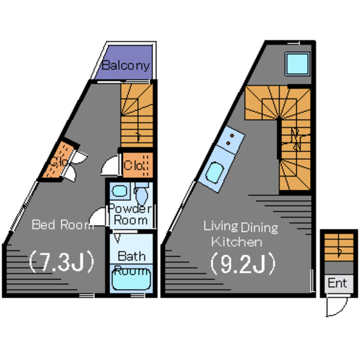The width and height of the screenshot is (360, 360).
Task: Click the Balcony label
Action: pos(127,65)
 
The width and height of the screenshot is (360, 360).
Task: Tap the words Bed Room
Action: pos(62,225)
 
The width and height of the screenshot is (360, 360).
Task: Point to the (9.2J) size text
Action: pos(242,262)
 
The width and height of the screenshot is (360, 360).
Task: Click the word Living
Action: pos(220,226)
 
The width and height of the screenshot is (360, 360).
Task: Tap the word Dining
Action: pos(259,227)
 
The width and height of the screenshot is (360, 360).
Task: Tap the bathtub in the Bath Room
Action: pos(130,279)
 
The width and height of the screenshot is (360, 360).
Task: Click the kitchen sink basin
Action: pos(214,173)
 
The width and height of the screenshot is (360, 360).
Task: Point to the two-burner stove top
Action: pos(231,141)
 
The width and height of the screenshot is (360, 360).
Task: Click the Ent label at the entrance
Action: pos(337,283)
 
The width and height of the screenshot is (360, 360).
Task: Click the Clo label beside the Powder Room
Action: pos(136,165)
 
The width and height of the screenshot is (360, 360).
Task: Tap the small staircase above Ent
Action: pos(338,251)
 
